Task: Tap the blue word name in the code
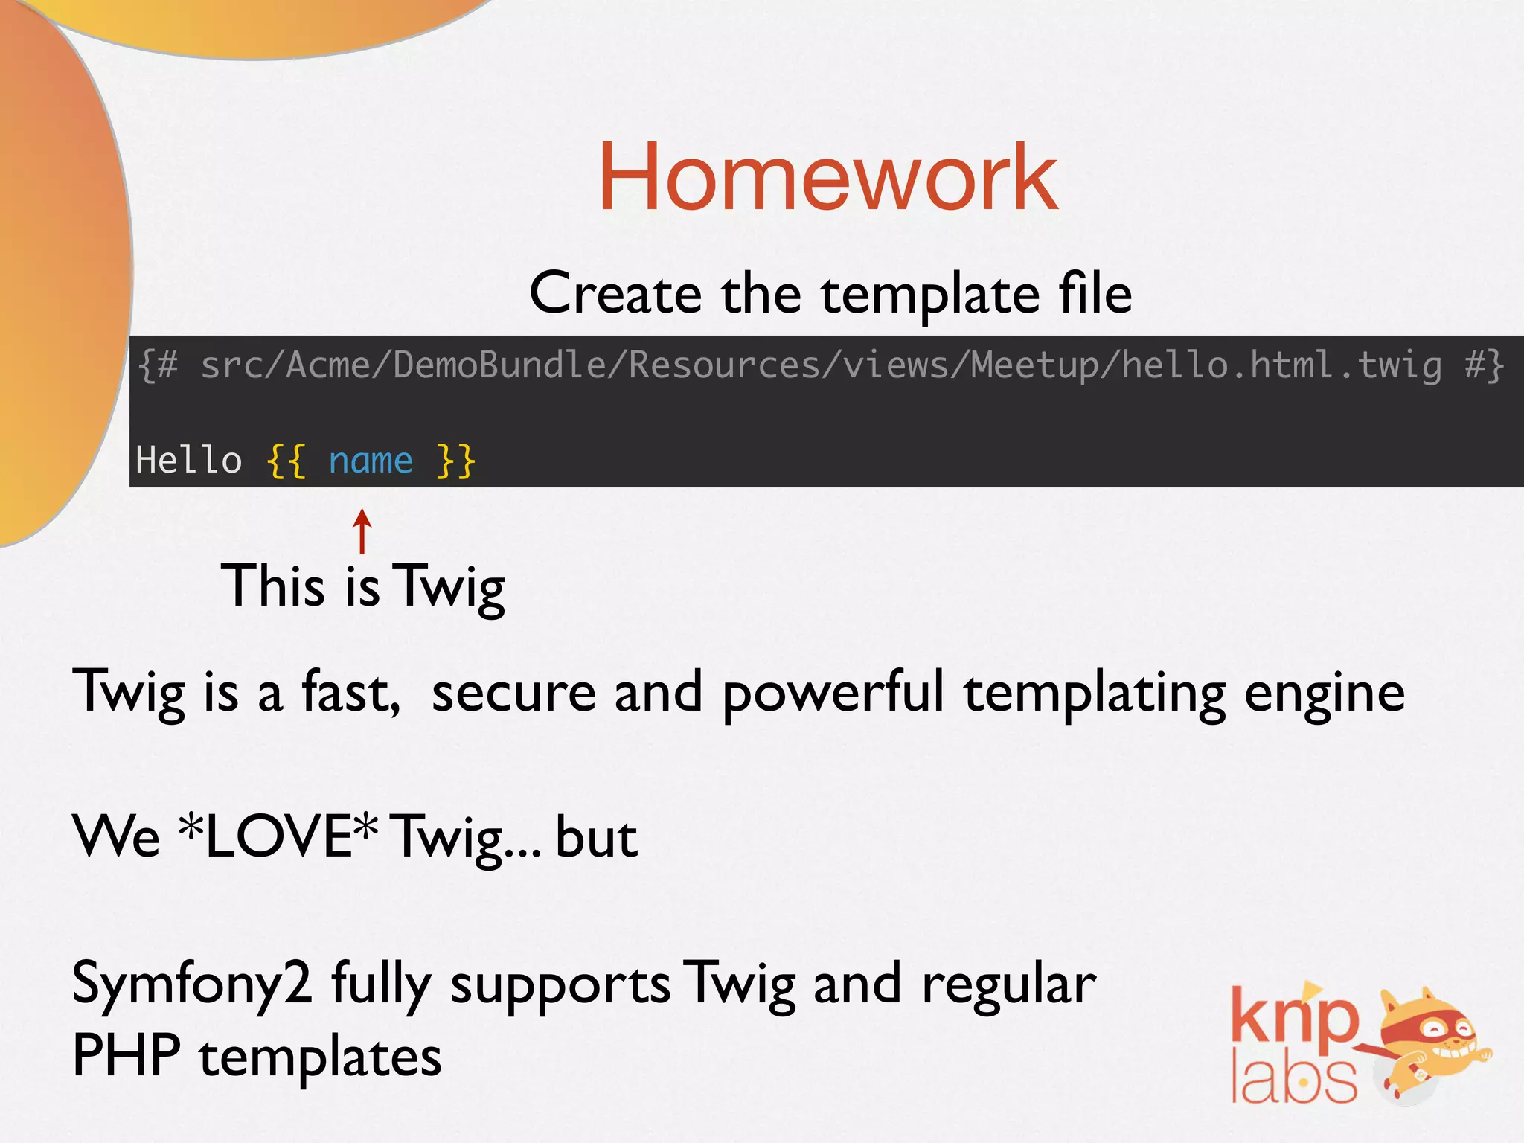point(371,461)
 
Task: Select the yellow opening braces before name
point(286,461)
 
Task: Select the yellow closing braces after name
point(455,461)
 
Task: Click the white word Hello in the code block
point(189,461)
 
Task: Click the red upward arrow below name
point(362,531)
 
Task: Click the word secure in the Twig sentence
point(513,692)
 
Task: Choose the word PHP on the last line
point(127,1055)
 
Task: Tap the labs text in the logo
point(1293,1079)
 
